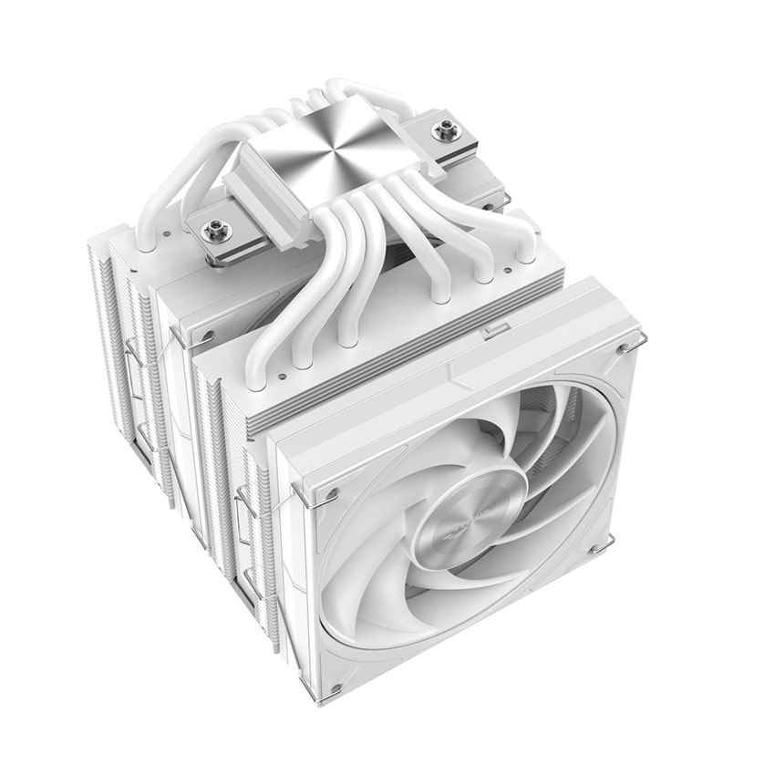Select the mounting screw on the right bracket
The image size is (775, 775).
(x=446, y=131)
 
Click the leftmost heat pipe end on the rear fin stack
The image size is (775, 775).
(x=145, y=243)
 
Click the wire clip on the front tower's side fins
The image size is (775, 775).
(x=245, y=511)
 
